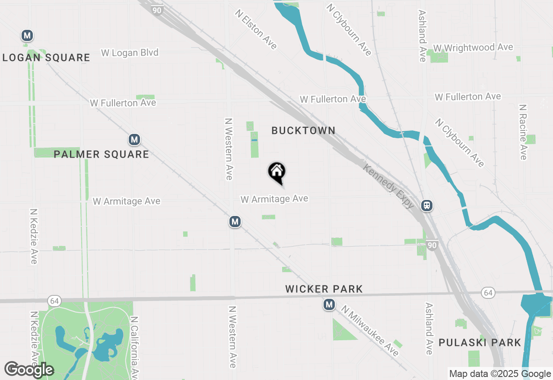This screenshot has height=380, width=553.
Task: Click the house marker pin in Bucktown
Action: [277, 172]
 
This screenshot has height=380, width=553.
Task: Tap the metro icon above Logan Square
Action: [27, 35]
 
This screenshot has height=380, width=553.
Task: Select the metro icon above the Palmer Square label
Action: [134, 139]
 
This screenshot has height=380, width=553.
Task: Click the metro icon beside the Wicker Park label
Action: [329, 305]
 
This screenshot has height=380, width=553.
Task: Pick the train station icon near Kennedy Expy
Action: [427, 206]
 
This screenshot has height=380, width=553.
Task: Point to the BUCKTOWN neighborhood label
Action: [303, 130]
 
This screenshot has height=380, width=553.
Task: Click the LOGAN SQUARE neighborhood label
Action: [46, 58]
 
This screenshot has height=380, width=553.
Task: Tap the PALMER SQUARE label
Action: [101, 154]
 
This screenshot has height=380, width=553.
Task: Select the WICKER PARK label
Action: [324, 289]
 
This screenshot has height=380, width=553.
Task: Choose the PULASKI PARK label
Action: [480, 343]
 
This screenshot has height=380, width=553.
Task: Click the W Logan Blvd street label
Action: [130, 53]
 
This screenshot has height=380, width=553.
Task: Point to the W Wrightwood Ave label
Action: [473, 47]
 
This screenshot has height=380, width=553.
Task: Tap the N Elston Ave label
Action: [256, 29]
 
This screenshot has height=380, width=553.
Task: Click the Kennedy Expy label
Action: [388, 186]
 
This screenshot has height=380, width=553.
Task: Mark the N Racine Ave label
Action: [523, 132]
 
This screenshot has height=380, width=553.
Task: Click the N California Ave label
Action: [134, 345]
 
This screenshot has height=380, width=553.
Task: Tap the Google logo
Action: [29, 370]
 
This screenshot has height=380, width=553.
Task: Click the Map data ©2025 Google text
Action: [500, 374]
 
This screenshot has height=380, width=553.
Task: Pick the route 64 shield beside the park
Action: [54, 301]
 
